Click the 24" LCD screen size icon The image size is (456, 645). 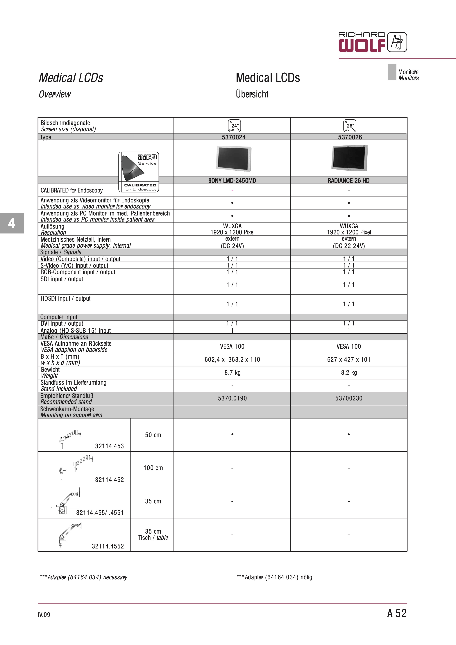click(234, 126)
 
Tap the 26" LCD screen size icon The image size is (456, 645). click(350, 126)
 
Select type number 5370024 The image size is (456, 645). click(234, 137)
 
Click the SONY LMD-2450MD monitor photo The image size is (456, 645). click(234, 158)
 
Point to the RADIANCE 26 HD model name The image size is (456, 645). click(348, 181)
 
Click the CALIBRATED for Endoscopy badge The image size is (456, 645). click(139, 172)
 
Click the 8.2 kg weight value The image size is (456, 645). click(349, 373)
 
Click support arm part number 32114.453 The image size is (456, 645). click(109, 446)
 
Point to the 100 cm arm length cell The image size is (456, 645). click(153, 468)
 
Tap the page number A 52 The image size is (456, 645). click(397, 613)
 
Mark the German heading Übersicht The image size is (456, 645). click(252, 94)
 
